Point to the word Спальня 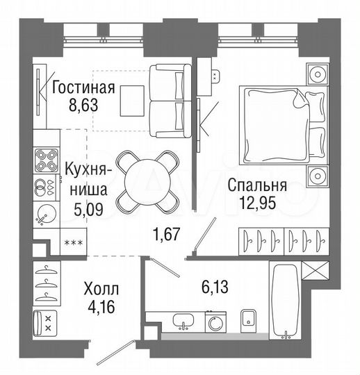point(257,185)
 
